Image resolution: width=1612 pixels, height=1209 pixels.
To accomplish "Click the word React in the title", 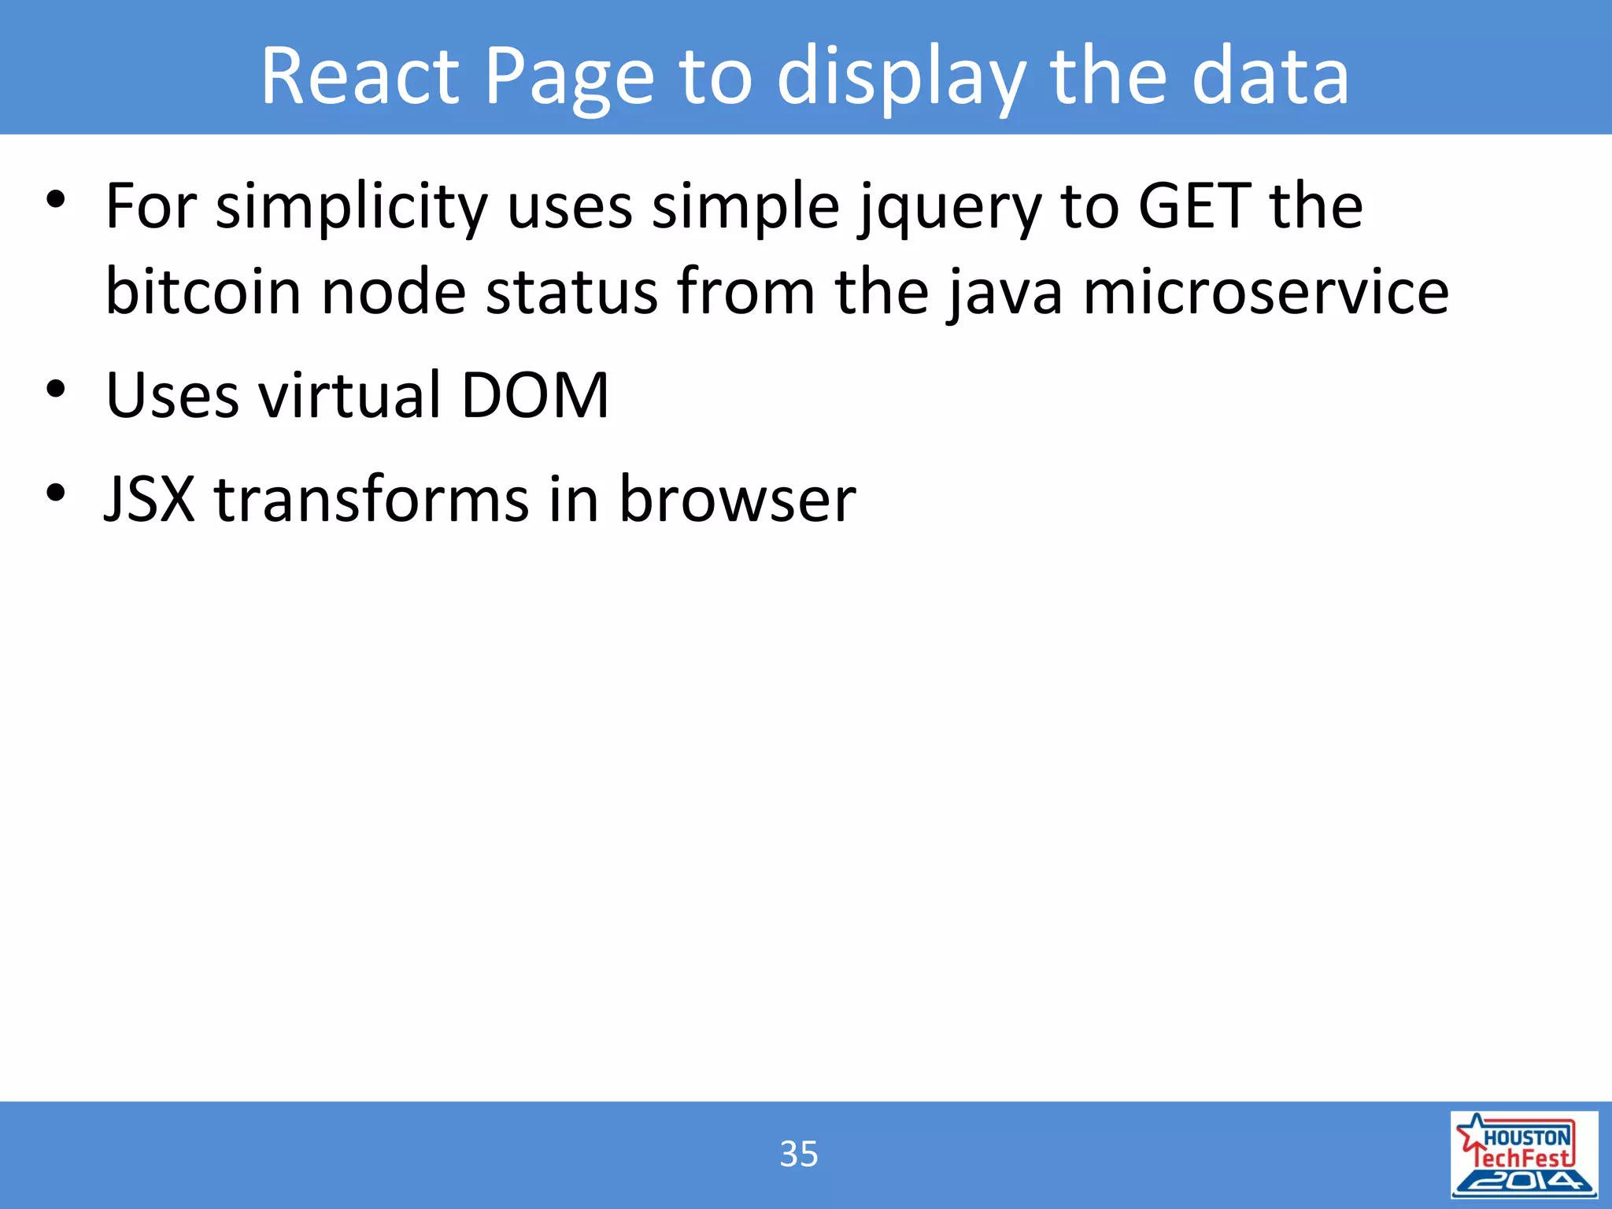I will point(360,76).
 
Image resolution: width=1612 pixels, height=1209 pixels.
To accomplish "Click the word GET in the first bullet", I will point(1195,206).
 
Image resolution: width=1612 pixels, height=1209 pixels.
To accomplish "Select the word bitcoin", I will point(203,291).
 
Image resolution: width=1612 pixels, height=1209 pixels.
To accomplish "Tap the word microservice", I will point(1266,291).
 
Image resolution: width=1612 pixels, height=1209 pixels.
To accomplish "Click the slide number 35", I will point(798,1154).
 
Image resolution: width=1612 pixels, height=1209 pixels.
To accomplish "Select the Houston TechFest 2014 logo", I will point(1524,1154).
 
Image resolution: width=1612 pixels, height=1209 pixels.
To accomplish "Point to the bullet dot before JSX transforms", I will point(55,493).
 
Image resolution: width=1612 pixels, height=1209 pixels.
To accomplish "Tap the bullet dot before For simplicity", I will point(55,199).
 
